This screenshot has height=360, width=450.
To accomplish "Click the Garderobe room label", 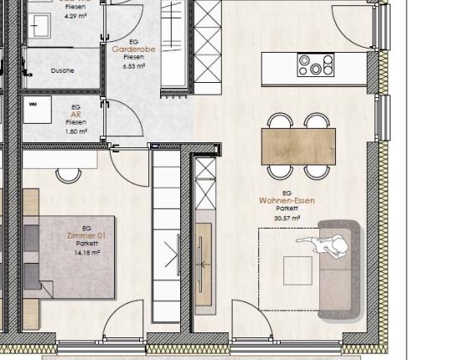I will pos(134,49).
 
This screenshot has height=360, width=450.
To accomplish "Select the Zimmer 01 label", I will pos(82,236).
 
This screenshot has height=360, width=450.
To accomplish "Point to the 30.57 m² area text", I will pos(287,218).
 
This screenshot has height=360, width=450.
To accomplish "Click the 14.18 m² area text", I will pos(87,252).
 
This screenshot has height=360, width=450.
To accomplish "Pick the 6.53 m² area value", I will pos(134,64).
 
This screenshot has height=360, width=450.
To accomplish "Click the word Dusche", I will pos(62,70).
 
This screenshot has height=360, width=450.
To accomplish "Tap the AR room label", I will pos(75,115).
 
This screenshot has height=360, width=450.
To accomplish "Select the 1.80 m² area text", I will pos(75,131).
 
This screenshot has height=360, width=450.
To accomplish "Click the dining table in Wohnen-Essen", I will pos(298,147).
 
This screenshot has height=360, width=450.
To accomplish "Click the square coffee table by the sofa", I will pos(297,270).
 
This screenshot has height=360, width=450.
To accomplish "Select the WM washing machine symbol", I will pos(35,105).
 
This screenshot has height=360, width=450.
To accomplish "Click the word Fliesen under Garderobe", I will pos(134,57).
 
